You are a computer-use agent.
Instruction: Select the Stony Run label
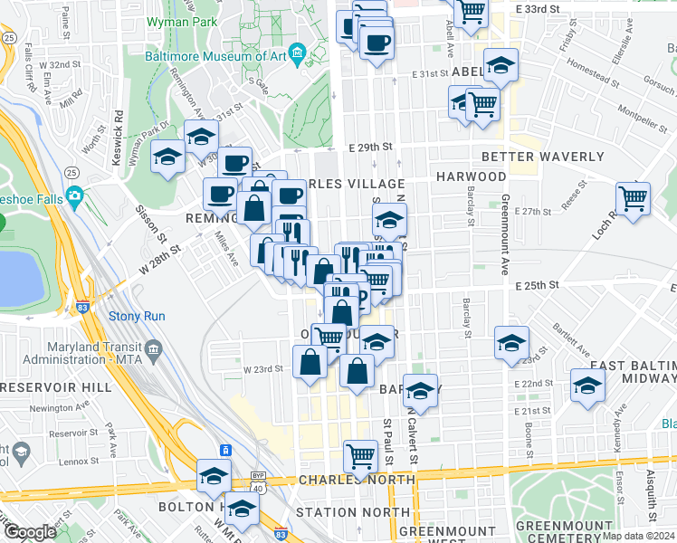[x=135, y=316]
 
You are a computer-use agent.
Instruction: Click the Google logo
[x=30, y=532]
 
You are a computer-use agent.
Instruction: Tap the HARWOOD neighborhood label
[x=471, y=176]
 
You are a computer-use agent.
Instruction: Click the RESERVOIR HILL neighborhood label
[x=56, y=386]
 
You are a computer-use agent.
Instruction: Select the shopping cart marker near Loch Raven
[x=633, y=196]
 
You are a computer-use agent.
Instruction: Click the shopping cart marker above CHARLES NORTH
[x=360, y=454]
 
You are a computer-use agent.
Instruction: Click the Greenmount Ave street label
[x=505, y=244]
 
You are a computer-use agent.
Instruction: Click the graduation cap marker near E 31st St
[x=500, y=65]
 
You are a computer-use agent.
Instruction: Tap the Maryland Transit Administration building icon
[x=153, y=348]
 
